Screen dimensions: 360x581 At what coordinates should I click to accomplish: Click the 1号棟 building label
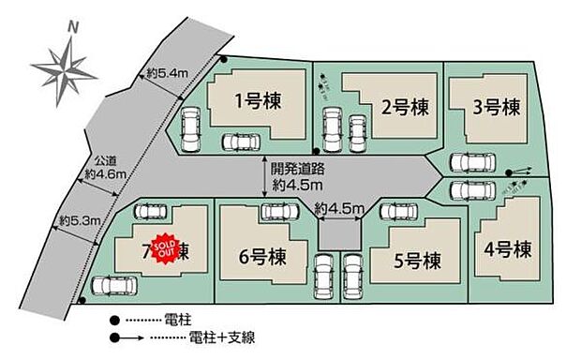[259, 99]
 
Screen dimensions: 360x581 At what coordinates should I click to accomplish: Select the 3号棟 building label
[497, 107]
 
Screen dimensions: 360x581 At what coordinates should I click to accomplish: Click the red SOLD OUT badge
[162, 246]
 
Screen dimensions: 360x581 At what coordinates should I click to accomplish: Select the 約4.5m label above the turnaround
[339, 208]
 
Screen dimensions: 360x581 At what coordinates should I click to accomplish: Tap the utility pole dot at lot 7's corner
[83, 301]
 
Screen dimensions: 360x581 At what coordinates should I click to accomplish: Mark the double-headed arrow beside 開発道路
[263, 178]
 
